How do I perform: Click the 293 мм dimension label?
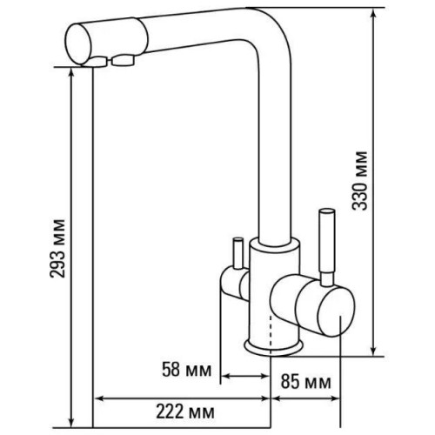pyautogui.click(x=57, y=249)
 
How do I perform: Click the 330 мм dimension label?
pyautogui.click(x=359, y=180)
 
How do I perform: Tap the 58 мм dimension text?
pyautogui.click(x=186, y=370)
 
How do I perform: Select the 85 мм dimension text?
pyautogui.click(x=305, y=382)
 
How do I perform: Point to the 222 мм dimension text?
pyautogui.click(x=185, y=412)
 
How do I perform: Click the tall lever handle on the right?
pyautogui.click(x=327, y=246)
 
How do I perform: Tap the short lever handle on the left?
pyautogui.click(x=238, y=253)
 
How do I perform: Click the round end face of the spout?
pyautogui.click(x=78, y=44)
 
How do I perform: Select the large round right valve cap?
pyautogui.click(x=337, y=311)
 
